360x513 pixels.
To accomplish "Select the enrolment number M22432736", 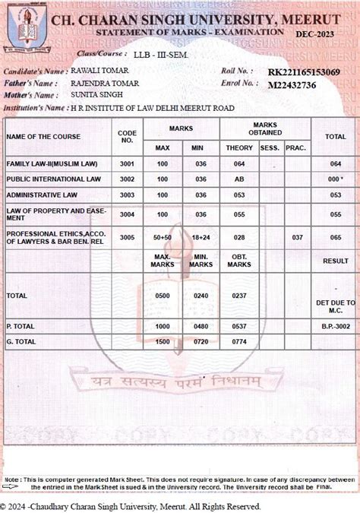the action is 292,84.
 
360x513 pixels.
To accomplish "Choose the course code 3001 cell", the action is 127,164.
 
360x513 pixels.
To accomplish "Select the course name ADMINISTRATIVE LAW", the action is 42,195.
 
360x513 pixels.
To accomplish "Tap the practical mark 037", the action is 297,238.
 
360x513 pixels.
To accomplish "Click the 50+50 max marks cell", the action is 163,238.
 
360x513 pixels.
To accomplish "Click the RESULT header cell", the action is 335,261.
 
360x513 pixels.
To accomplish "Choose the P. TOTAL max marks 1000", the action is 163,327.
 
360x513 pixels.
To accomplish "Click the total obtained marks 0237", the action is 239,295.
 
